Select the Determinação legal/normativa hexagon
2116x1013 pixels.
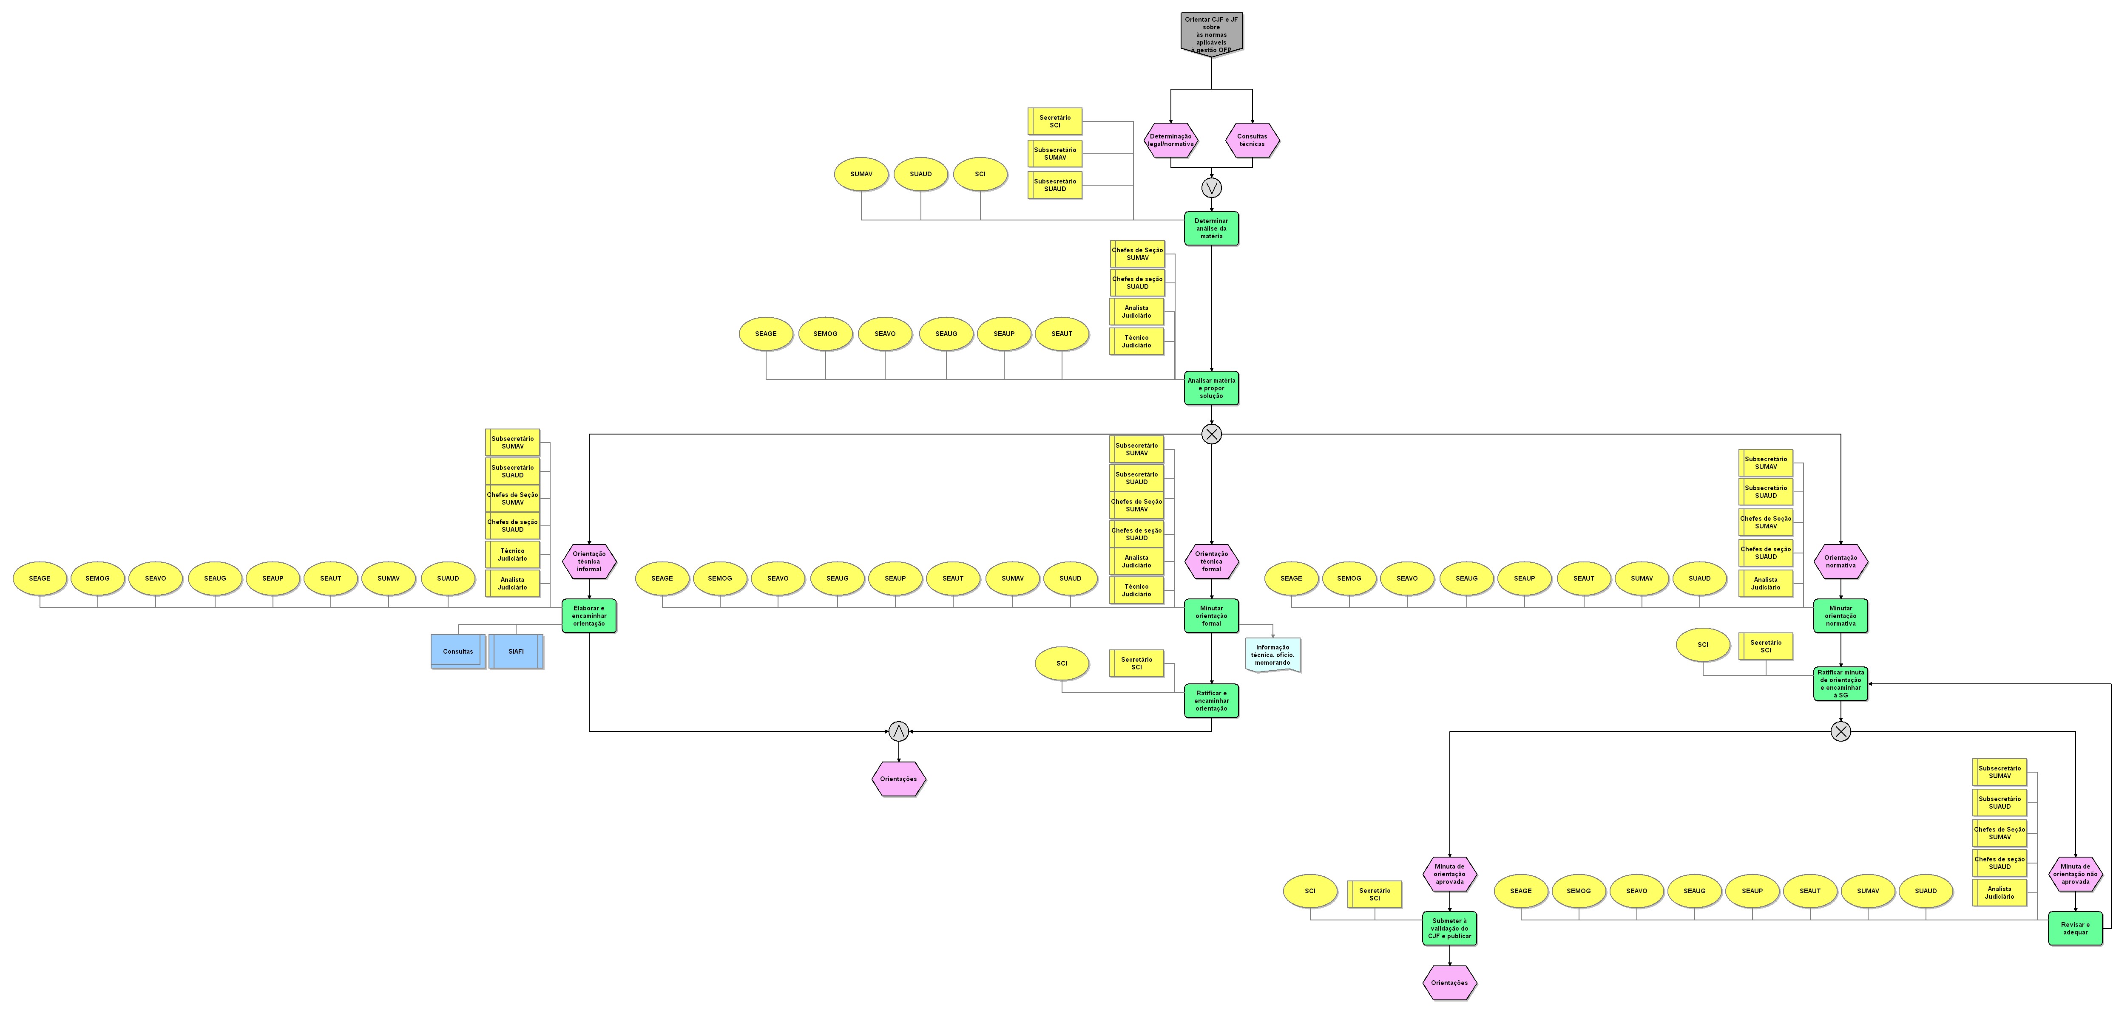point(1170,140)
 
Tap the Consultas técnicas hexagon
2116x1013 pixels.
point(1252,140)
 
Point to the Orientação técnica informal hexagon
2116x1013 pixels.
point(589,562)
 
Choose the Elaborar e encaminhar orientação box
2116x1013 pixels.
point(589,616)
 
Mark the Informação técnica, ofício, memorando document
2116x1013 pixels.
point(1272,655)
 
